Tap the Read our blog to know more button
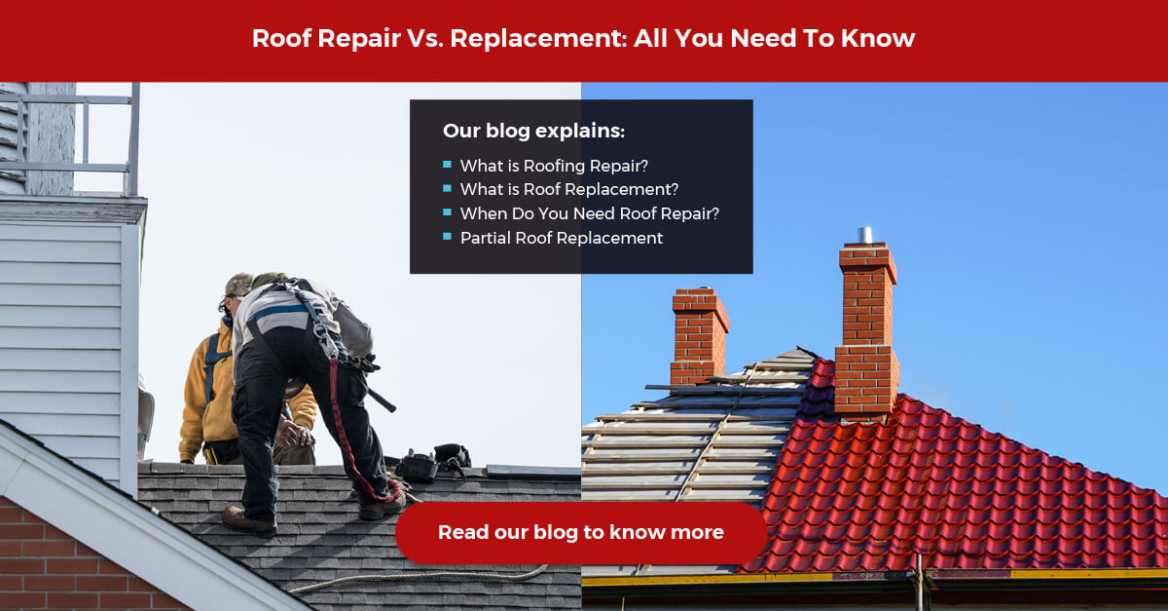click(581, 533)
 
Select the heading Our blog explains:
click(533, 131)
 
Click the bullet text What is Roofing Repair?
click(554, 166)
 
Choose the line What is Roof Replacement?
click(568, 189)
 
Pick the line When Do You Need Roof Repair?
click(589, 213)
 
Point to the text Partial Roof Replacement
click(561, 238)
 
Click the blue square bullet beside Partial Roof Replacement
click(447, 237)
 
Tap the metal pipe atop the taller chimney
click(864, 236)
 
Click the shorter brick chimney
click(698, 336)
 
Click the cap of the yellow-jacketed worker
click(238, 285)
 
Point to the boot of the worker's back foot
click(249, 521)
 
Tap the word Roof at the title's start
click(281, 39)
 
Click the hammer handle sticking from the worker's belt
click(382, 400)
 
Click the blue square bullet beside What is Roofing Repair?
click(447, 165)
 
